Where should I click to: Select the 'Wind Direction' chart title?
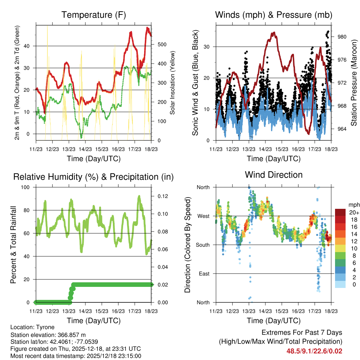[274, 175]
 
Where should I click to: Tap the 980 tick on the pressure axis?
[342, 37]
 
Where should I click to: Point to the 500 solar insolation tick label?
[162, 44]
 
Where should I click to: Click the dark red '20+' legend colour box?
[340, 212]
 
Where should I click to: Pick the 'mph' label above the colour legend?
[353, 205]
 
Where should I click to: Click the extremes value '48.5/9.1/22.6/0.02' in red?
[314, 351]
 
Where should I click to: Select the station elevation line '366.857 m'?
[48, 335]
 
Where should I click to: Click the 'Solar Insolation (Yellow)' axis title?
[173, 83]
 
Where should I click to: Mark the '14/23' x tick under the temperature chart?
[85, 149]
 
